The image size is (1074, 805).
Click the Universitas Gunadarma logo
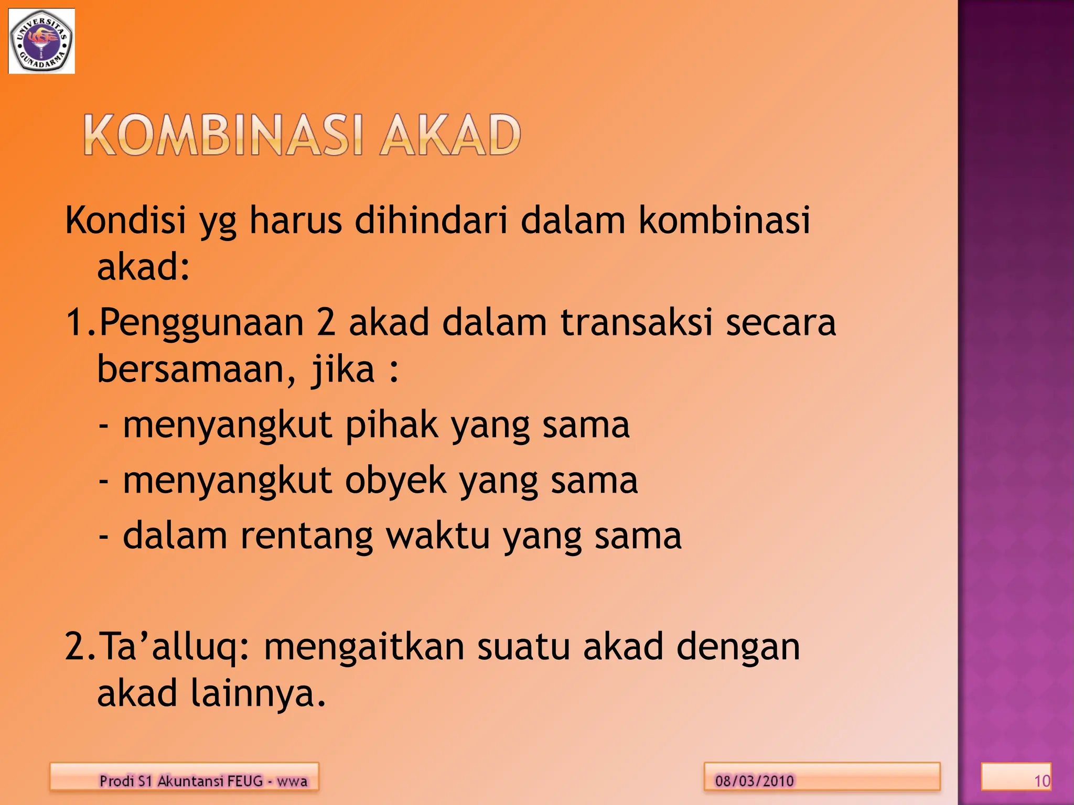[41, 41]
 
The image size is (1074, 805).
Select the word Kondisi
[126, 220]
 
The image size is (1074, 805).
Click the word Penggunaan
[201, 323]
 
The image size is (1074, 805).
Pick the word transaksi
[636, 322]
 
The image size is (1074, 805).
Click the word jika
[343, 369]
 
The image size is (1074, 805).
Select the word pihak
[391, 425]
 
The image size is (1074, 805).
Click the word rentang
[307, 536]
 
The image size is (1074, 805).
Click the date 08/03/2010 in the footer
[754, 781]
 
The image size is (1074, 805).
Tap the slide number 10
[1041, 781]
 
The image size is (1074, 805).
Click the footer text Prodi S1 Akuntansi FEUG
[180, 781]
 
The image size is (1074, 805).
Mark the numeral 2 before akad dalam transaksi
[326, 322]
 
